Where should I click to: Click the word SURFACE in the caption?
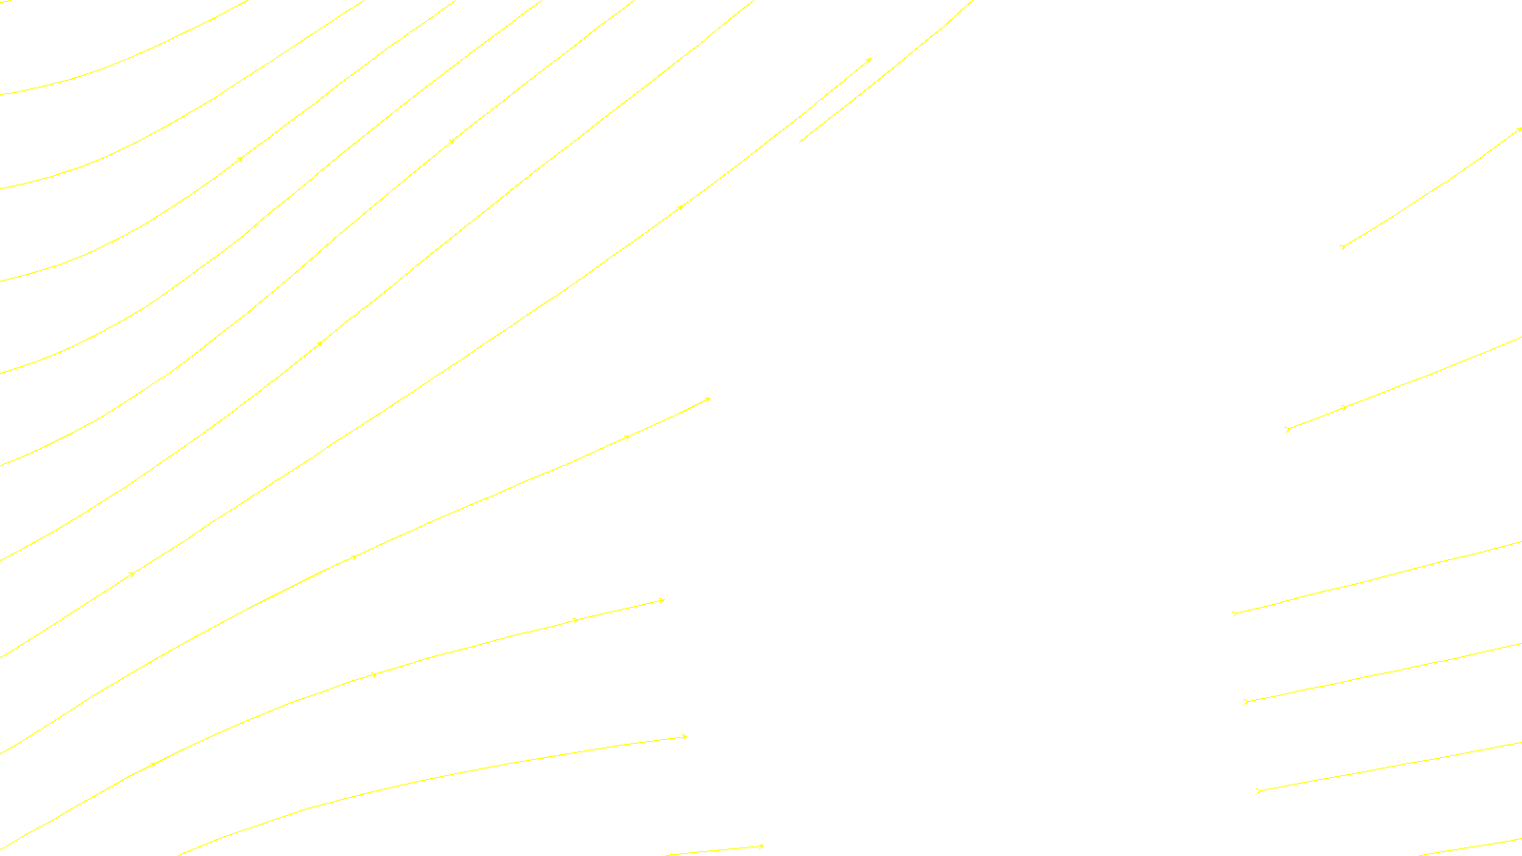pos(761,841)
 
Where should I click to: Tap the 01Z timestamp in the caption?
pos(722,841)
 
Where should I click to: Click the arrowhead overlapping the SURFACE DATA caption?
pos(761,846)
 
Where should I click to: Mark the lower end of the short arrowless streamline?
pos(800,142)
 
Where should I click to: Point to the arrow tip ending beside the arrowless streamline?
pos(869,60)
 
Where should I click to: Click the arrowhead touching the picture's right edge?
pos(1519,129)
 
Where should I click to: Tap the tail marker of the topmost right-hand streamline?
pos(1342,247)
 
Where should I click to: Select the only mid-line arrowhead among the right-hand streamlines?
pos(1345,407)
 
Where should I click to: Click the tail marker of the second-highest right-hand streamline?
pos(1287,430)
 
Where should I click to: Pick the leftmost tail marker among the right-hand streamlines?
pos(1235,613)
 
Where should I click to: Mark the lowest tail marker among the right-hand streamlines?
pos(1259,790)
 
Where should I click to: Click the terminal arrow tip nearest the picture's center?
pos(709,399)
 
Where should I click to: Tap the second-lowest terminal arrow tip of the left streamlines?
pos(663,600)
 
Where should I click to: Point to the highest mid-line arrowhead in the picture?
pos(453,141)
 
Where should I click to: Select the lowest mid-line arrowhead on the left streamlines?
pos(152,764)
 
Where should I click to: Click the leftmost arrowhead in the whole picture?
pos(132,574)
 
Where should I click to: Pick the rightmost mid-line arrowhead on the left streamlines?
pos(681,206)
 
